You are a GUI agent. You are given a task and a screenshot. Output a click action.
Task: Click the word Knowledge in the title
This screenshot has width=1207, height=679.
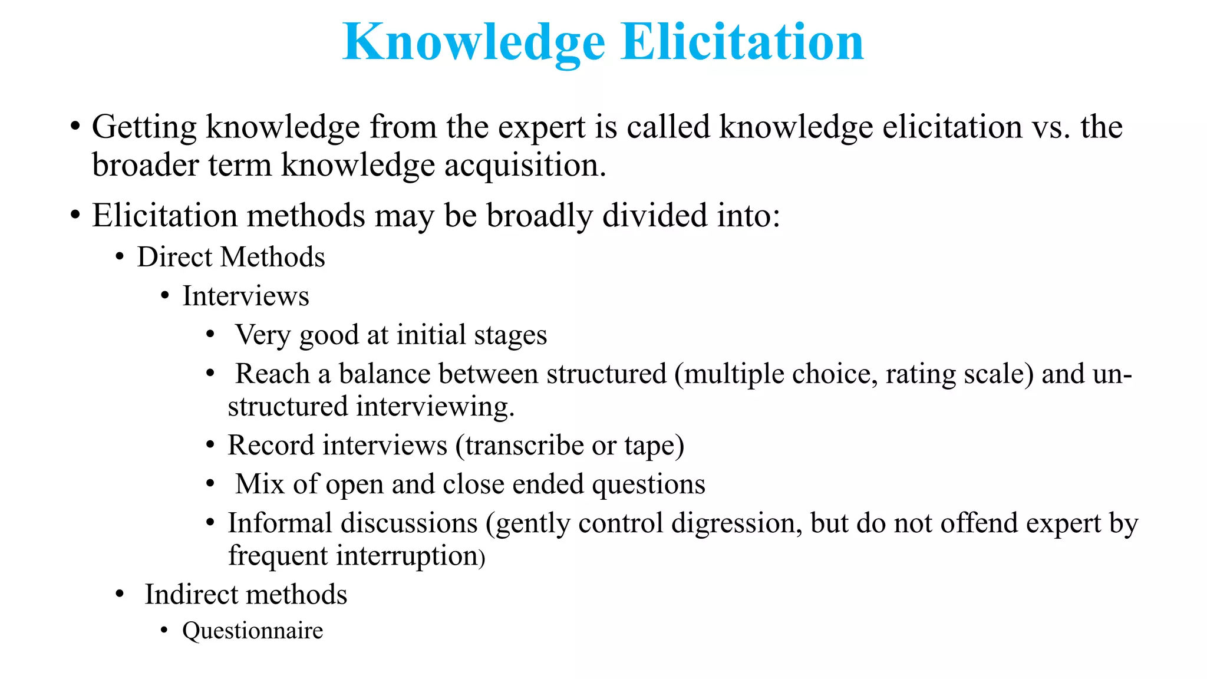click(473, 42)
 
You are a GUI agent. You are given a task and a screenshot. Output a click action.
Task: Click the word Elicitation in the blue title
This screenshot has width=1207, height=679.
click(742, 42)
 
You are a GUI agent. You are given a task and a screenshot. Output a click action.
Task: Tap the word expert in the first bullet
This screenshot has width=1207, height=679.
click(541, 127)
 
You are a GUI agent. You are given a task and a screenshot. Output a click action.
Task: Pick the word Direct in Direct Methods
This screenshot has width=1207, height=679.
click(174, 257)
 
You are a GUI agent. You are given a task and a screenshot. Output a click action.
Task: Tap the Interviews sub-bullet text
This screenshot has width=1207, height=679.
click(245, 296)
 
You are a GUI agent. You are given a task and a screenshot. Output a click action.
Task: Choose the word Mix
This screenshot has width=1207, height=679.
click(260, 484)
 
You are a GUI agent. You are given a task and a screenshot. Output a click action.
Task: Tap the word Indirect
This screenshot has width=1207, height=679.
click(195, 594)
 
